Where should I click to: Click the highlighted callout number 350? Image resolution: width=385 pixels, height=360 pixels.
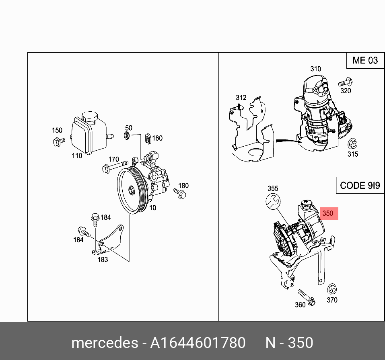coord(328,213)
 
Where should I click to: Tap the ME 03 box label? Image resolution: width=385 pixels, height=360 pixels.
coord(365,61)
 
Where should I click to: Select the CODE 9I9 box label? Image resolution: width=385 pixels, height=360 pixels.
coord(359,185)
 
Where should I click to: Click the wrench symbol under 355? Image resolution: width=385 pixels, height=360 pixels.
coord(273,200)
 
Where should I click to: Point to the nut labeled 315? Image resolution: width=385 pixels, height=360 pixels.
coord(352,143)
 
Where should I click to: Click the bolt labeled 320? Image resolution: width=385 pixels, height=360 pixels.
coord(345,82)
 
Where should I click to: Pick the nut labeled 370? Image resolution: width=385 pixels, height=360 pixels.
coord(332,289)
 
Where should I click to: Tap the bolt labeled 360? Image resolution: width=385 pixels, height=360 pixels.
coord(305,297)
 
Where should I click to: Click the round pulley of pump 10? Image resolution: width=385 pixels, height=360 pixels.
coord(131,190)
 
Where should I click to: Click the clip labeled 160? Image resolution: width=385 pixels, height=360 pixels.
coord(148,139)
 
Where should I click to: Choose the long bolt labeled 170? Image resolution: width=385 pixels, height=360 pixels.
coord(115,166)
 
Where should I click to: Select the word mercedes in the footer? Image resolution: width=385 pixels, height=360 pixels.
coord(104,343)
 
